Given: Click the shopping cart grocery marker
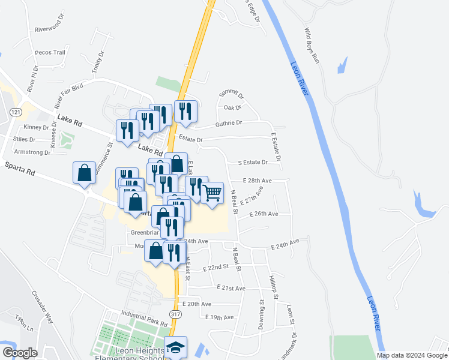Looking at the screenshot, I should (x=212, y=193).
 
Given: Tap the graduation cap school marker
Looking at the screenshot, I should (x=175, y=347).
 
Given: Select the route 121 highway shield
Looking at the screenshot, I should (x=16, y=112).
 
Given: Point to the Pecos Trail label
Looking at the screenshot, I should (x=50, y=52).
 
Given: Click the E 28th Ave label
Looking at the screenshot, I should (x=258, y=180).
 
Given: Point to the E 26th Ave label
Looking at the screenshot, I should (x=264, y=214).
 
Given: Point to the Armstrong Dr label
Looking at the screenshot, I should (x=31, y=152).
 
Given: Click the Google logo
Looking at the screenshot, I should (x=19, y=352).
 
